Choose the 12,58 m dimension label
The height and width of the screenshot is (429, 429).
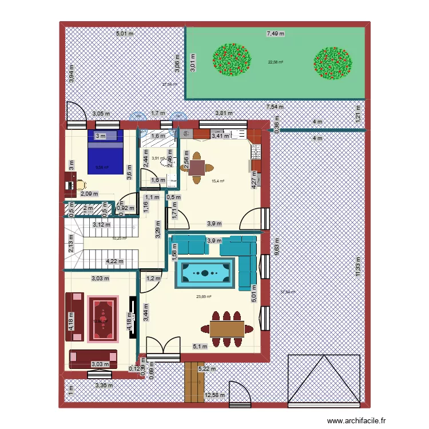tap(216, 395)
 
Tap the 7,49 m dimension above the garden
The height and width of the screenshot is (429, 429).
tap(276, 34)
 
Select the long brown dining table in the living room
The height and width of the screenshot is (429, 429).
tap(227, 328)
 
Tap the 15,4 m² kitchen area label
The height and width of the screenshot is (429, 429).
tap(218, 181)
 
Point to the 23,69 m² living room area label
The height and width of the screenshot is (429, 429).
tap(204, 296)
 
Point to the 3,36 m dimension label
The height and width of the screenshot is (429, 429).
tap(104, 385)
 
